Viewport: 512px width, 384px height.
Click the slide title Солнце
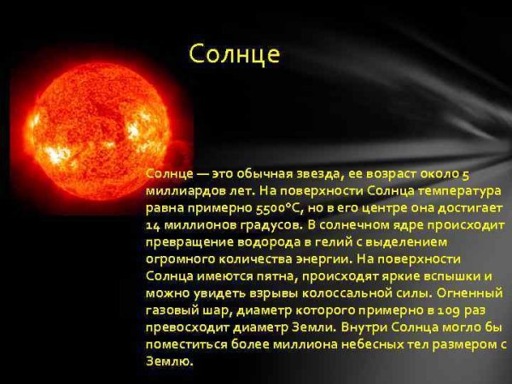[234, 55]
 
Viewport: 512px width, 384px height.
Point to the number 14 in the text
[154, 225]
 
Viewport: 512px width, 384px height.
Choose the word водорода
[256, 242]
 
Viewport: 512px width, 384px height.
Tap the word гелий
[324, 242]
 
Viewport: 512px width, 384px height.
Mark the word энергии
[321, 259]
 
